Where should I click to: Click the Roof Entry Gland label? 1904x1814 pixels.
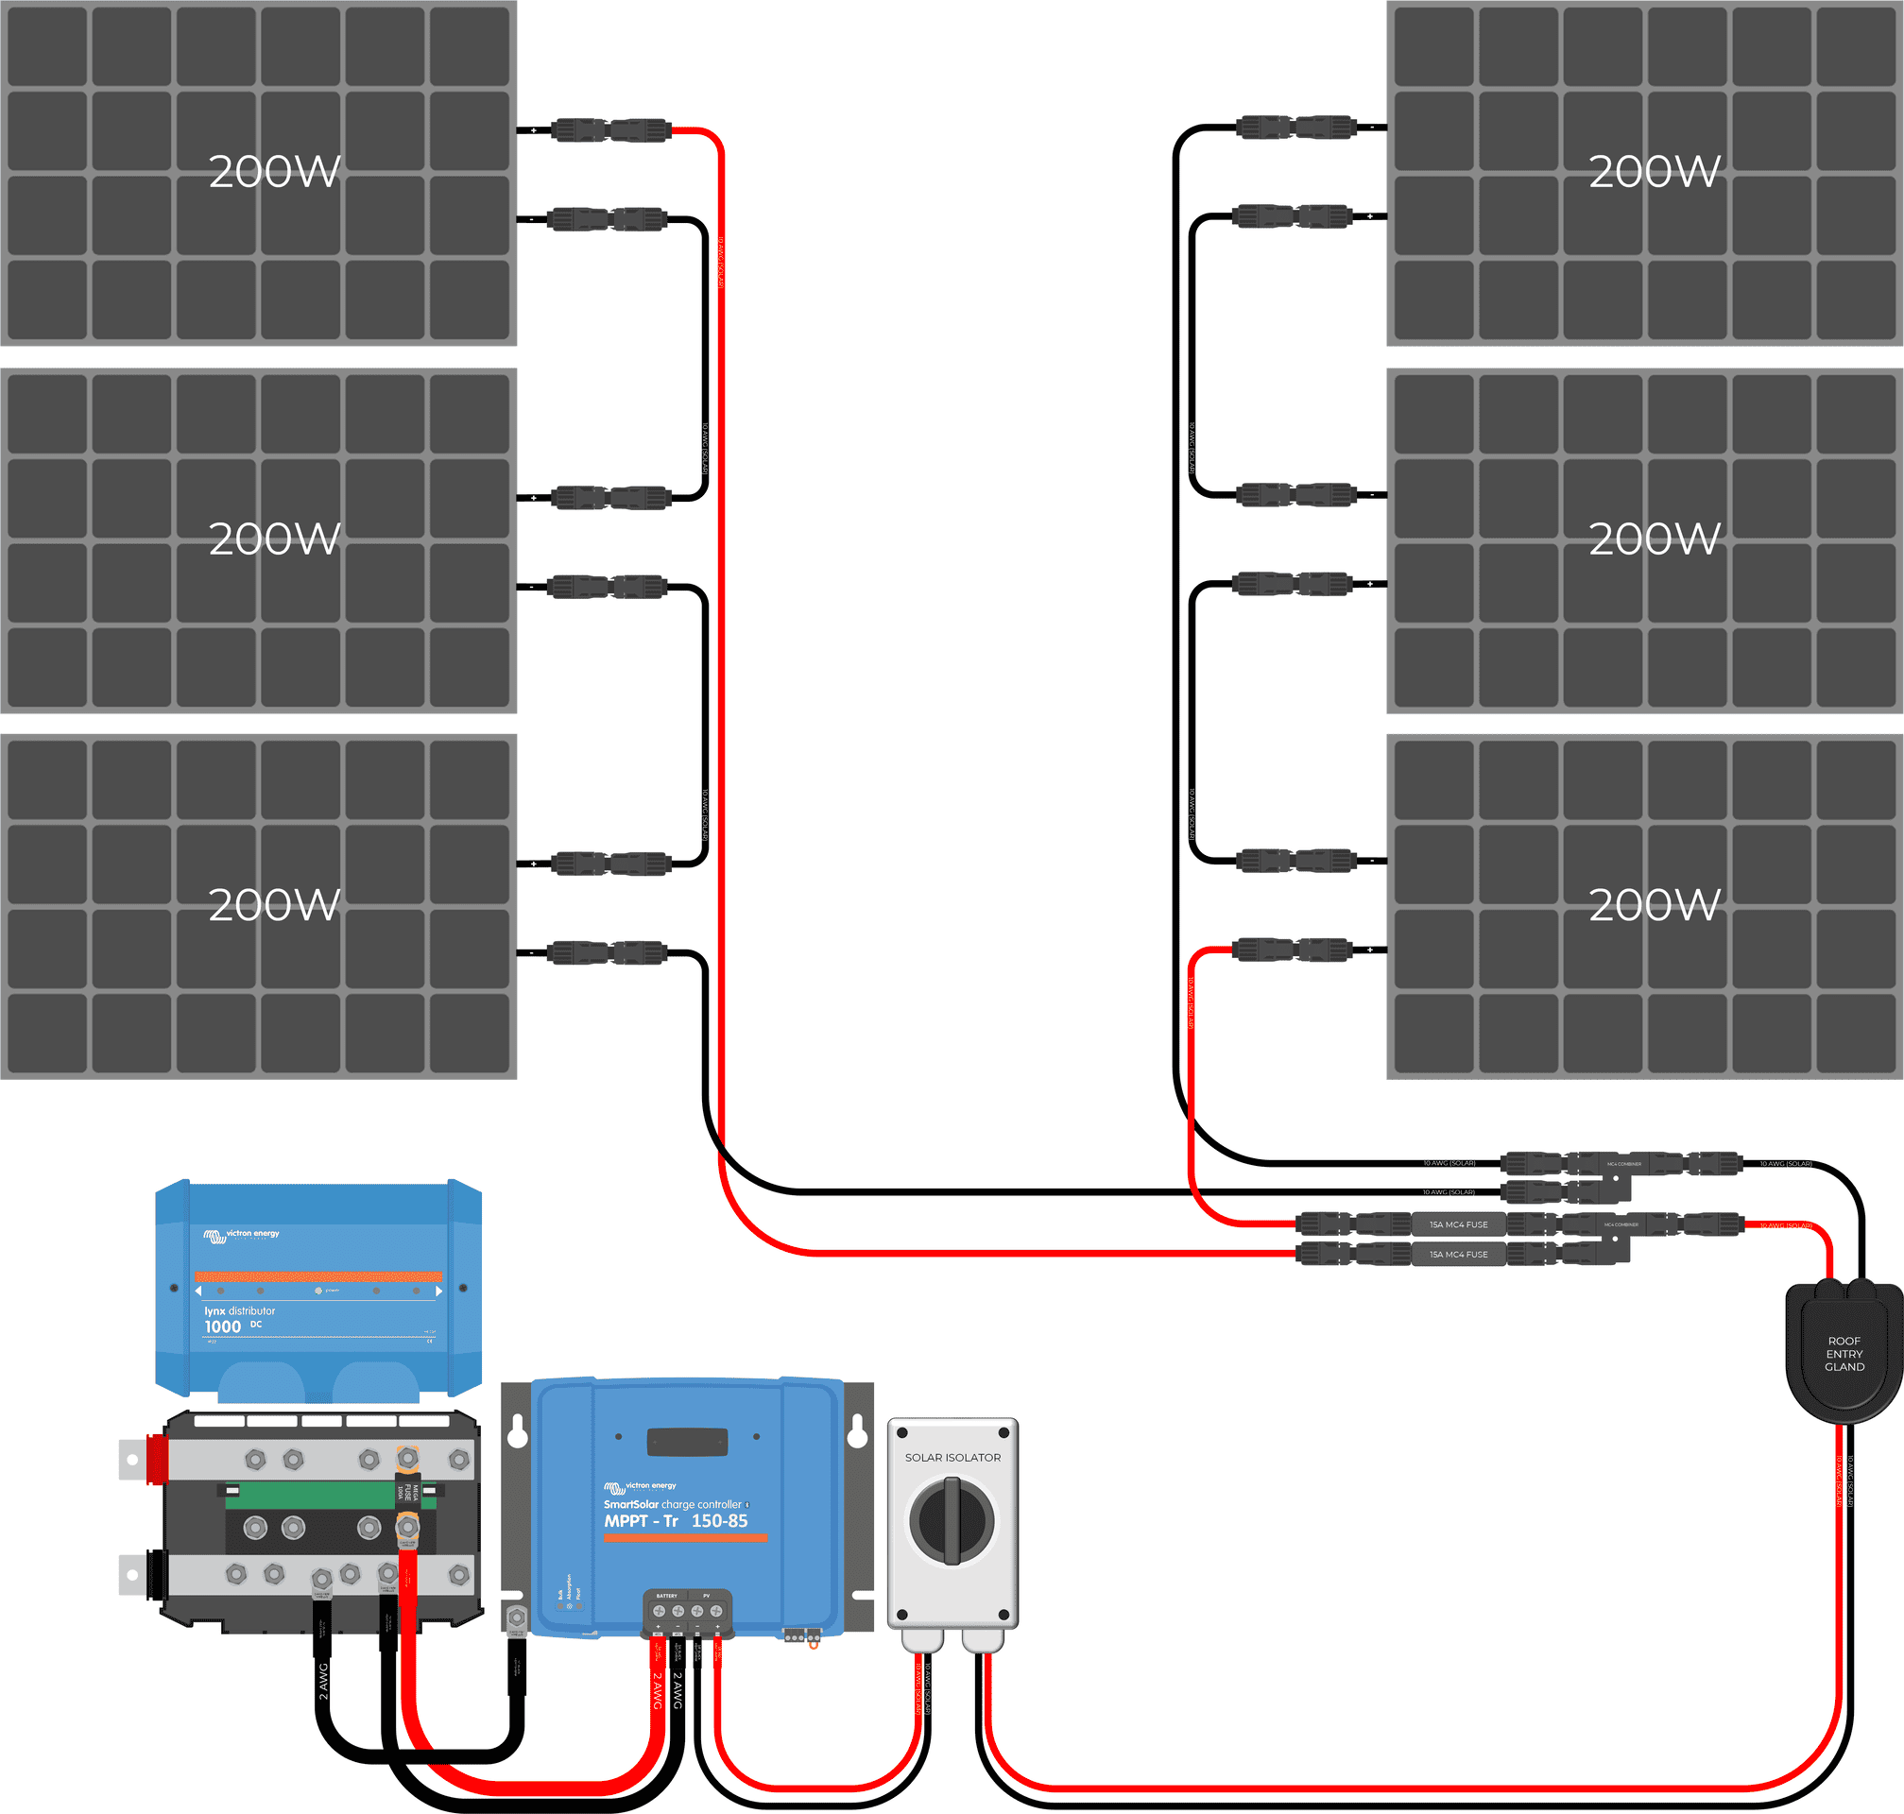[1844, 1354]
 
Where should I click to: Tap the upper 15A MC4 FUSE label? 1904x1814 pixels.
[1458, 1224]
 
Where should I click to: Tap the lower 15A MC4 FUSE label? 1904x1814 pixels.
[1458, 1254]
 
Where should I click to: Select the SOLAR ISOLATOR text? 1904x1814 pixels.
[952, 1457]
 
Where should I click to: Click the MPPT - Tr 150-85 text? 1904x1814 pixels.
[676, 1521]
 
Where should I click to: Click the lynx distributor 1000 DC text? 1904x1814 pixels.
[239, 1320]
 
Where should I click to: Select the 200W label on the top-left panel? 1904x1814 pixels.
[275, 172]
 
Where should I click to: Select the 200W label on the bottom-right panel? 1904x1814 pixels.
[1655, 905]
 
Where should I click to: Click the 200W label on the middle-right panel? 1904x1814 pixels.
[1655, 539]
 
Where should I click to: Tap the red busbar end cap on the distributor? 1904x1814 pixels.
[157, 1459]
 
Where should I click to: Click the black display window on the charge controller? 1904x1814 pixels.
[687, 1442]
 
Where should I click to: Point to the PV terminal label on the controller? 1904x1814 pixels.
[707, 1596]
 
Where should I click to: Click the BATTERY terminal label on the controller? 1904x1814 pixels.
[667, 1596]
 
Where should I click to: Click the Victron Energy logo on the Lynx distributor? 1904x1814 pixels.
[242, 1235]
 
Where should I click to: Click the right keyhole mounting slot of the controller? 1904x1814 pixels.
[857, 1432]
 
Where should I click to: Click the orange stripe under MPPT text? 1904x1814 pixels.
[686, 1537]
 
